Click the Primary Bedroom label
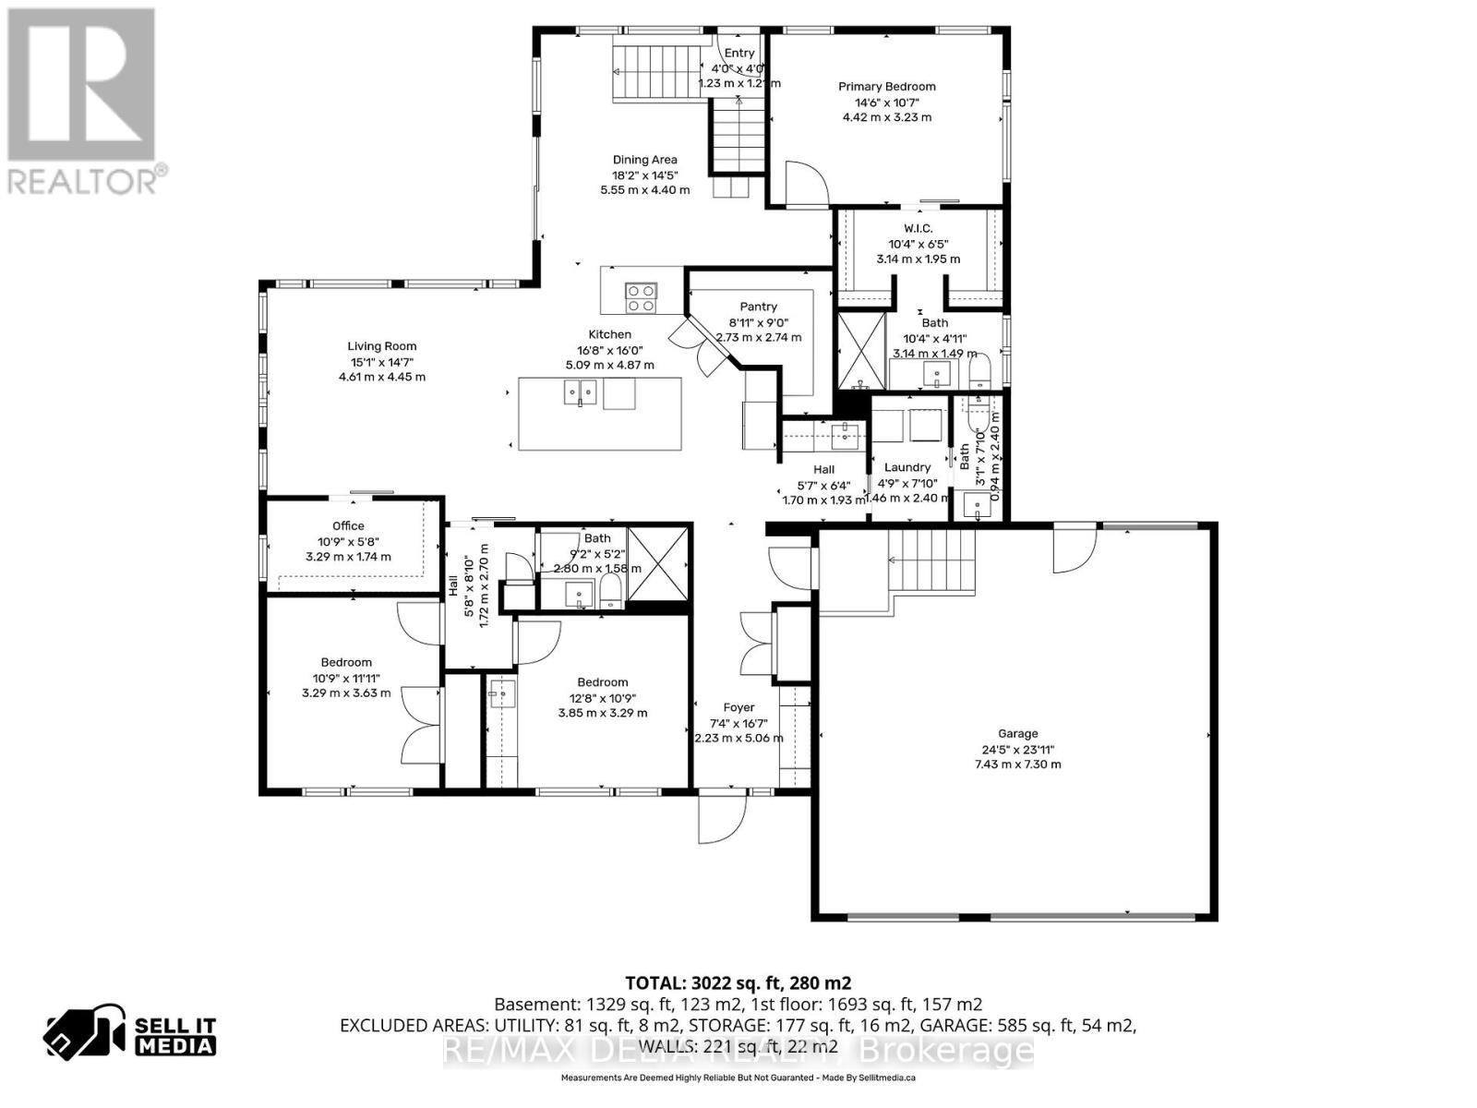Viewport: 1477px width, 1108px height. tap(886, 87)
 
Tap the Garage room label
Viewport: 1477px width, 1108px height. tap(1017, 734)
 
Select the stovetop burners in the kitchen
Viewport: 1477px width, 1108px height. tap(641, 297)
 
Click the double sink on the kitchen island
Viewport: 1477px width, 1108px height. tap(579, 393)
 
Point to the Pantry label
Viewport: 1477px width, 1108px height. tap(758, 307)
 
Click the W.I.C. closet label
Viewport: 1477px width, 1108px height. tap(918, 228)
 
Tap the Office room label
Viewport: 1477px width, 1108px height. tap(348, 526)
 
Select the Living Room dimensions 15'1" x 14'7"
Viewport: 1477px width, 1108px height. tap(381, 362)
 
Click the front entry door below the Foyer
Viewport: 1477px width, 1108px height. tap(721, 818)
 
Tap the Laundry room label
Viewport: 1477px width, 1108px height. tap(907, 467)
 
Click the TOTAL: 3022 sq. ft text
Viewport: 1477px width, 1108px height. tap(738, 983)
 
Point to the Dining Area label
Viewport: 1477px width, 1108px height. tap(644, 160)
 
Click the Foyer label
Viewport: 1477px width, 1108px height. tap(738, 708)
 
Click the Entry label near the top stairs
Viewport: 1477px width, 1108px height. tap(738, 54)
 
